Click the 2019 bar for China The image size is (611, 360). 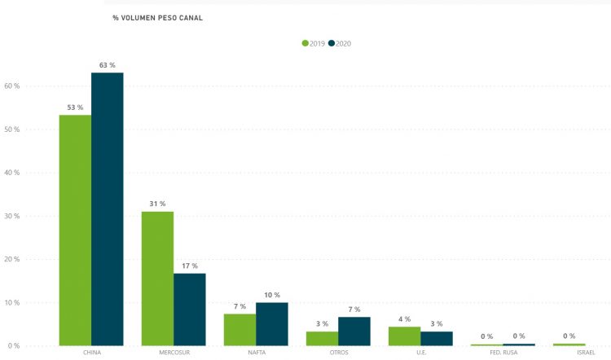[75, 230]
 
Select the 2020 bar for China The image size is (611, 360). [108, 209]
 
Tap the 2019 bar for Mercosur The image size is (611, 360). [157, 278]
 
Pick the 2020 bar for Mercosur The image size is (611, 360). [190, 309]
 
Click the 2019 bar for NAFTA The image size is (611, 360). [240, 329]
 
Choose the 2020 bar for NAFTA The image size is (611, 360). [272, 323]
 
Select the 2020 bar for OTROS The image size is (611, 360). [354, 331]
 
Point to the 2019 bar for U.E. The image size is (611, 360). [404, 336]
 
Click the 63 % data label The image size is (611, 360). [108, 64]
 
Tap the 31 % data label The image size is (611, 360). [157, 204]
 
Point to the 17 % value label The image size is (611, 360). [190, 265]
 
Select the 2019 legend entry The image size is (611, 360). [314, 43]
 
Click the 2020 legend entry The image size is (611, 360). [340, 43]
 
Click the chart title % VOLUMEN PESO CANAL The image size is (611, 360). [157, 17]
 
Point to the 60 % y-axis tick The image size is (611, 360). [12, 86]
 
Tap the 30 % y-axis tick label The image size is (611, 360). [12, 216]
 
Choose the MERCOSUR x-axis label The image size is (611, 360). [174, 353]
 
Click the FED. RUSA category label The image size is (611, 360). [503, 353]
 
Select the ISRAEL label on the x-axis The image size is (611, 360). [585, 353]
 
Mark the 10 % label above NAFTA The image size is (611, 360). [272, 295]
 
